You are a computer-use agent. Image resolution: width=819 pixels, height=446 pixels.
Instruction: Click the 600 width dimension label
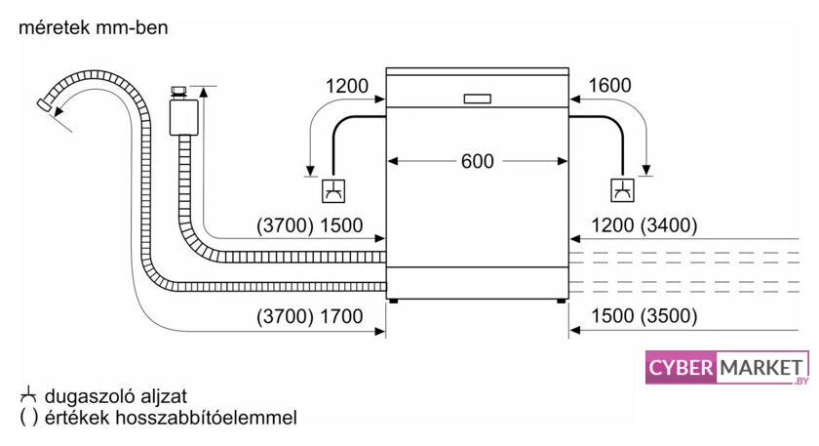click(478, 161)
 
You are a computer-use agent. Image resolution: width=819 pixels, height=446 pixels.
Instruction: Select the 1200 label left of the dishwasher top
click(347, 86)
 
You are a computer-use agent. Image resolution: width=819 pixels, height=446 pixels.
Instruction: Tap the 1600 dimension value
click(610, 85)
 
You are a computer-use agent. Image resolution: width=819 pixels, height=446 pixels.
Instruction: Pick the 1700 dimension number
click(341, 316)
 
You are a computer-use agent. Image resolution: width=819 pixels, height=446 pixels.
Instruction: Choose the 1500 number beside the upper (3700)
click(341, 225)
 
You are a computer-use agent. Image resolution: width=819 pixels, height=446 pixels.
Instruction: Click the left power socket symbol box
click(333, 191)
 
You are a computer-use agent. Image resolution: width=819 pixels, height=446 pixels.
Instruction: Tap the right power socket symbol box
click(623, 190)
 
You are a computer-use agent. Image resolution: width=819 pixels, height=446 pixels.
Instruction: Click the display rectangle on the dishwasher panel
click(478, 99)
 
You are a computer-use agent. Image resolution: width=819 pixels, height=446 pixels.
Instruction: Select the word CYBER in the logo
click(681, 368)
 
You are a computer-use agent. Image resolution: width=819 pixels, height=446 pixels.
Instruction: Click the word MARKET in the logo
click(761, 368)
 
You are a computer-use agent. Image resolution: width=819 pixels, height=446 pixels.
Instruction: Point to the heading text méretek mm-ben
click(94, 27)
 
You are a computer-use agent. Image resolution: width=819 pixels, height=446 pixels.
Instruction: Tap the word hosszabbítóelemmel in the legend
click(206, 418)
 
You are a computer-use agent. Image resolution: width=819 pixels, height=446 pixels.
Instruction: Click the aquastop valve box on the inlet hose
click(183, 117)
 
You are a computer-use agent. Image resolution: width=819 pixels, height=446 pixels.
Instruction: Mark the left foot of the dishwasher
click(394, 302)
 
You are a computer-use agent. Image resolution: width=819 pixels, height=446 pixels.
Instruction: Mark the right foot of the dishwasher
click(561, 302)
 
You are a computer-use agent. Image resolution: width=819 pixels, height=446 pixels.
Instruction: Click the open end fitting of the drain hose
click(44, 104)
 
